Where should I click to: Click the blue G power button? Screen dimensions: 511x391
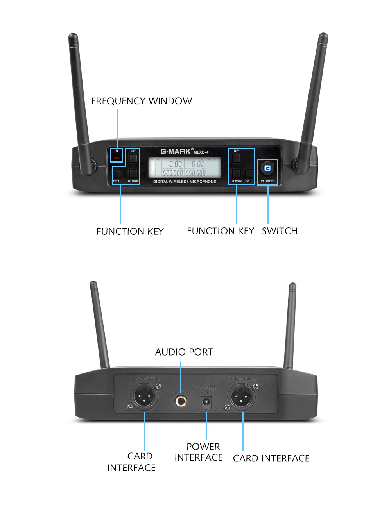point(267,168)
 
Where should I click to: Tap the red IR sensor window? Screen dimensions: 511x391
point(117,158)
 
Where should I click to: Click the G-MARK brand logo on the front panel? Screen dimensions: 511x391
point(176,151)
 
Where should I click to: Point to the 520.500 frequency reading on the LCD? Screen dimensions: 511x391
point(173,173)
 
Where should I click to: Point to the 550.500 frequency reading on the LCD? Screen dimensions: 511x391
point(195,173)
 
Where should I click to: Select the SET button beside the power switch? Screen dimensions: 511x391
point(249,173)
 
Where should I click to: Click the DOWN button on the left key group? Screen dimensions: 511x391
point(133,173)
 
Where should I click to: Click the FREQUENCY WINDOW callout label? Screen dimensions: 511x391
point(142,101)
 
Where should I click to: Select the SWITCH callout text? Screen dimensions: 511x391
point(280,231)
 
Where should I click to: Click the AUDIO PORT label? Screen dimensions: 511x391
point(184,352)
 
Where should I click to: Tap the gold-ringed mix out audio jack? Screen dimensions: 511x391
point(181,400)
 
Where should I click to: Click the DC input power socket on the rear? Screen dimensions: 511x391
point(206,402)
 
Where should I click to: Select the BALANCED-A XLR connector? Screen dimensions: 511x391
point(241,397)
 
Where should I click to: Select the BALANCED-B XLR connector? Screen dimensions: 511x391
point(144,397)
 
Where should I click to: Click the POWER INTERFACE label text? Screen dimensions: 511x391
point(199,452)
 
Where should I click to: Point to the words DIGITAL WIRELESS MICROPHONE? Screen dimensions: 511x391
point(185,182)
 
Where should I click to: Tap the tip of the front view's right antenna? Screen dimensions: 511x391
point(323,36)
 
